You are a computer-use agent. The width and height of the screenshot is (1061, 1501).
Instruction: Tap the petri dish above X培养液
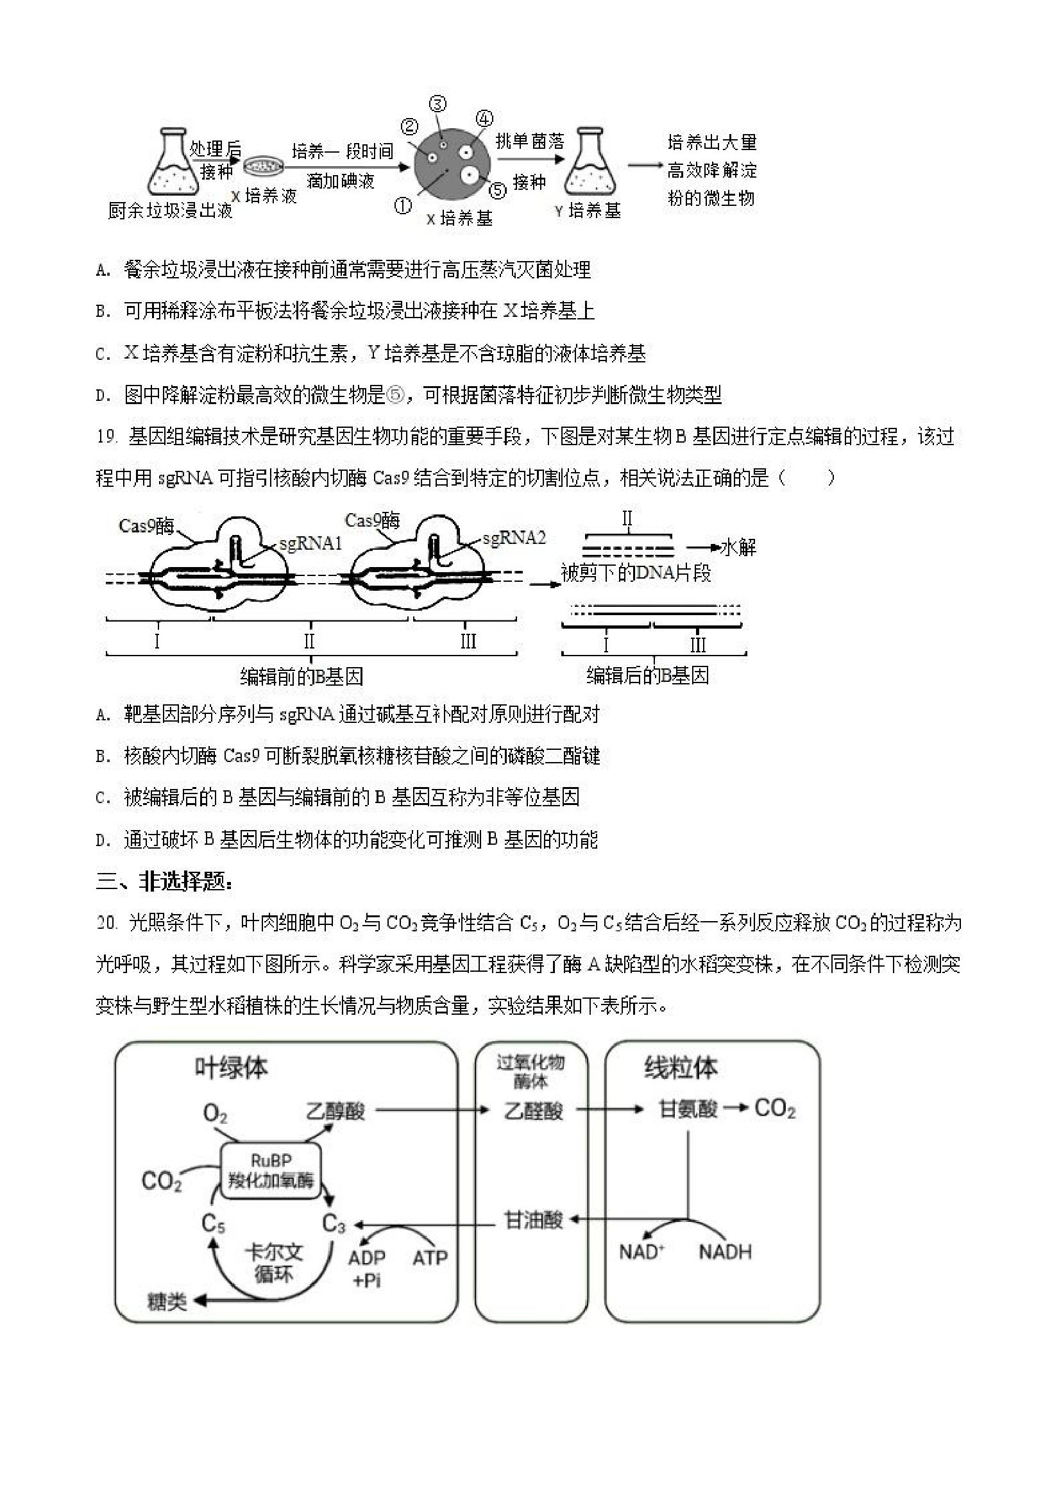264,166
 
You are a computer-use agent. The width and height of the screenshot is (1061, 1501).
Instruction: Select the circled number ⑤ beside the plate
498,191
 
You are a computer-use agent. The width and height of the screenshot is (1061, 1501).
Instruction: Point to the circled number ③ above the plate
437,104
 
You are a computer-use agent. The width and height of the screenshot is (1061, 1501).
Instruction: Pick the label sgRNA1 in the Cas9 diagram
310,544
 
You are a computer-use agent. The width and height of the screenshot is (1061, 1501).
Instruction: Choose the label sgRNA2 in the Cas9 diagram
514,538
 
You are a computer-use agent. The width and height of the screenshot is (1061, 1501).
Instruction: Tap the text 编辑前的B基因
301,676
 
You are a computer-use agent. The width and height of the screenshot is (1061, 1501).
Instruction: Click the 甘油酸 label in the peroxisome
534,1220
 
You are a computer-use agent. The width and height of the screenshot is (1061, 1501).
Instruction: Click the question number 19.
106,436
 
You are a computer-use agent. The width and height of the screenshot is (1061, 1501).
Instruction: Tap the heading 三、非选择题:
164,882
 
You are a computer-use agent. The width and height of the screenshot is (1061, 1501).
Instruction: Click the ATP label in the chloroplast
430,1257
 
